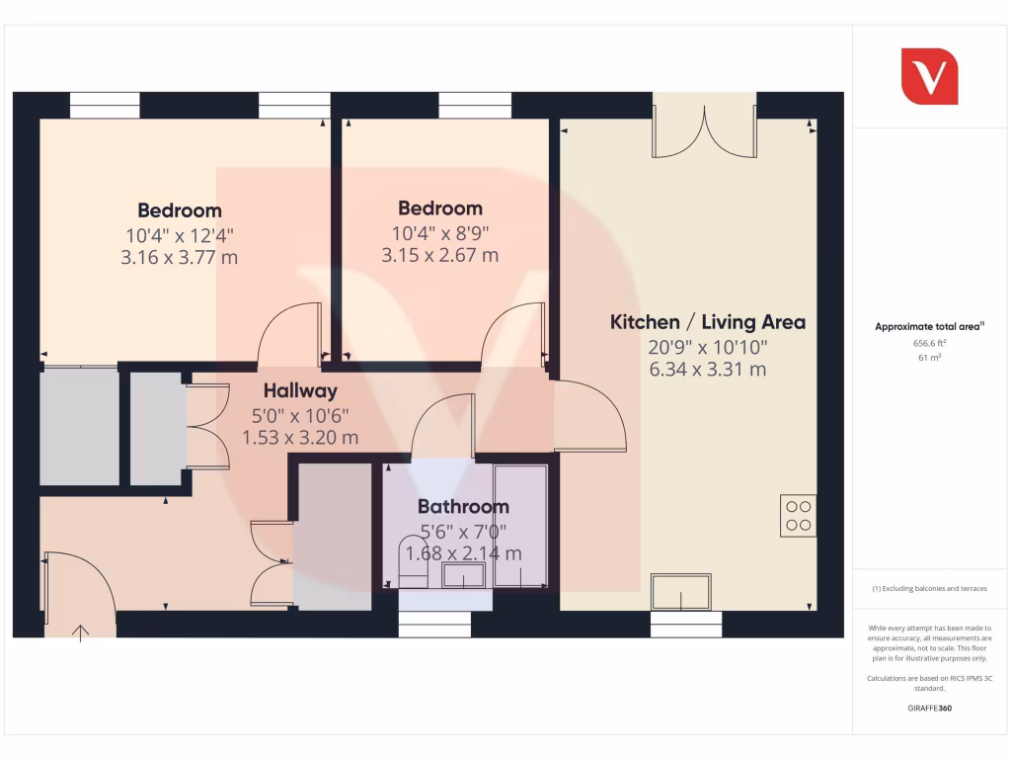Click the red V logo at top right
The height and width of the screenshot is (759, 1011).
point(929,76)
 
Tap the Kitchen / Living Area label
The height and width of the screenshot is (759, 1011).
point(707,322)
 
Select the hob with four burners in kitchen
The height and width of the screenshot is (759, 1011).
point(798,515)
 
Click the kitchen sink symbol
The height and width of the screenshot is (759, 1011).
point(680,591)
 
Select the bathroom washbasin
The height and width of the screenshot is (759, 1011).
point(463,575)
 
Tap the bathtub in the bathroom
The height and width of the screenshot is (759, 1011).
point(520,526)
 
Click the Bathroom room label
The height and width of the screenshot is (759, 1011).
point(463,507)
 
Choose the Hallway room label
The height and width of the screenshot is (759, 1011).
point(300,391)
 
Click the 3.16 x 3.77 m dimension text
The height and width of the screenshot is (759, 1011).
point(180,258)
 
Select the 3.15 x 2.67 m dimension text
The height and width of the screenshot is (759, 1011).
point(440,255)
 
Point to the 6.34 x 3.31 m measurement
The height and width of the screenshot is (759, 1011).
point(707,370)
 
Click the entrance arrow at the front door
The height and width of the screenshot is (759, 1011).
point(80,631)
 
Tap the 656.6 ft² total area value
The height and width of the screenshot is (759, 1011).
point(929,343)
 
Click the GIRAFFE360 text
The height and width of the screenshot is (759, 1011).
point(929,708)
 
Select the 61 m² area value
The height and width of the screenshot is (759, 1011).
point(929,358)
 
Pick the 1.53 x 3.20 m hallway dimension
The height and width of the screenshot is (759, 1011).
point(300,437)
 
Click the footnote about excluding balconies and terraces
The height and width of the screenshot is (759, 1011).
point(929,588)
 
